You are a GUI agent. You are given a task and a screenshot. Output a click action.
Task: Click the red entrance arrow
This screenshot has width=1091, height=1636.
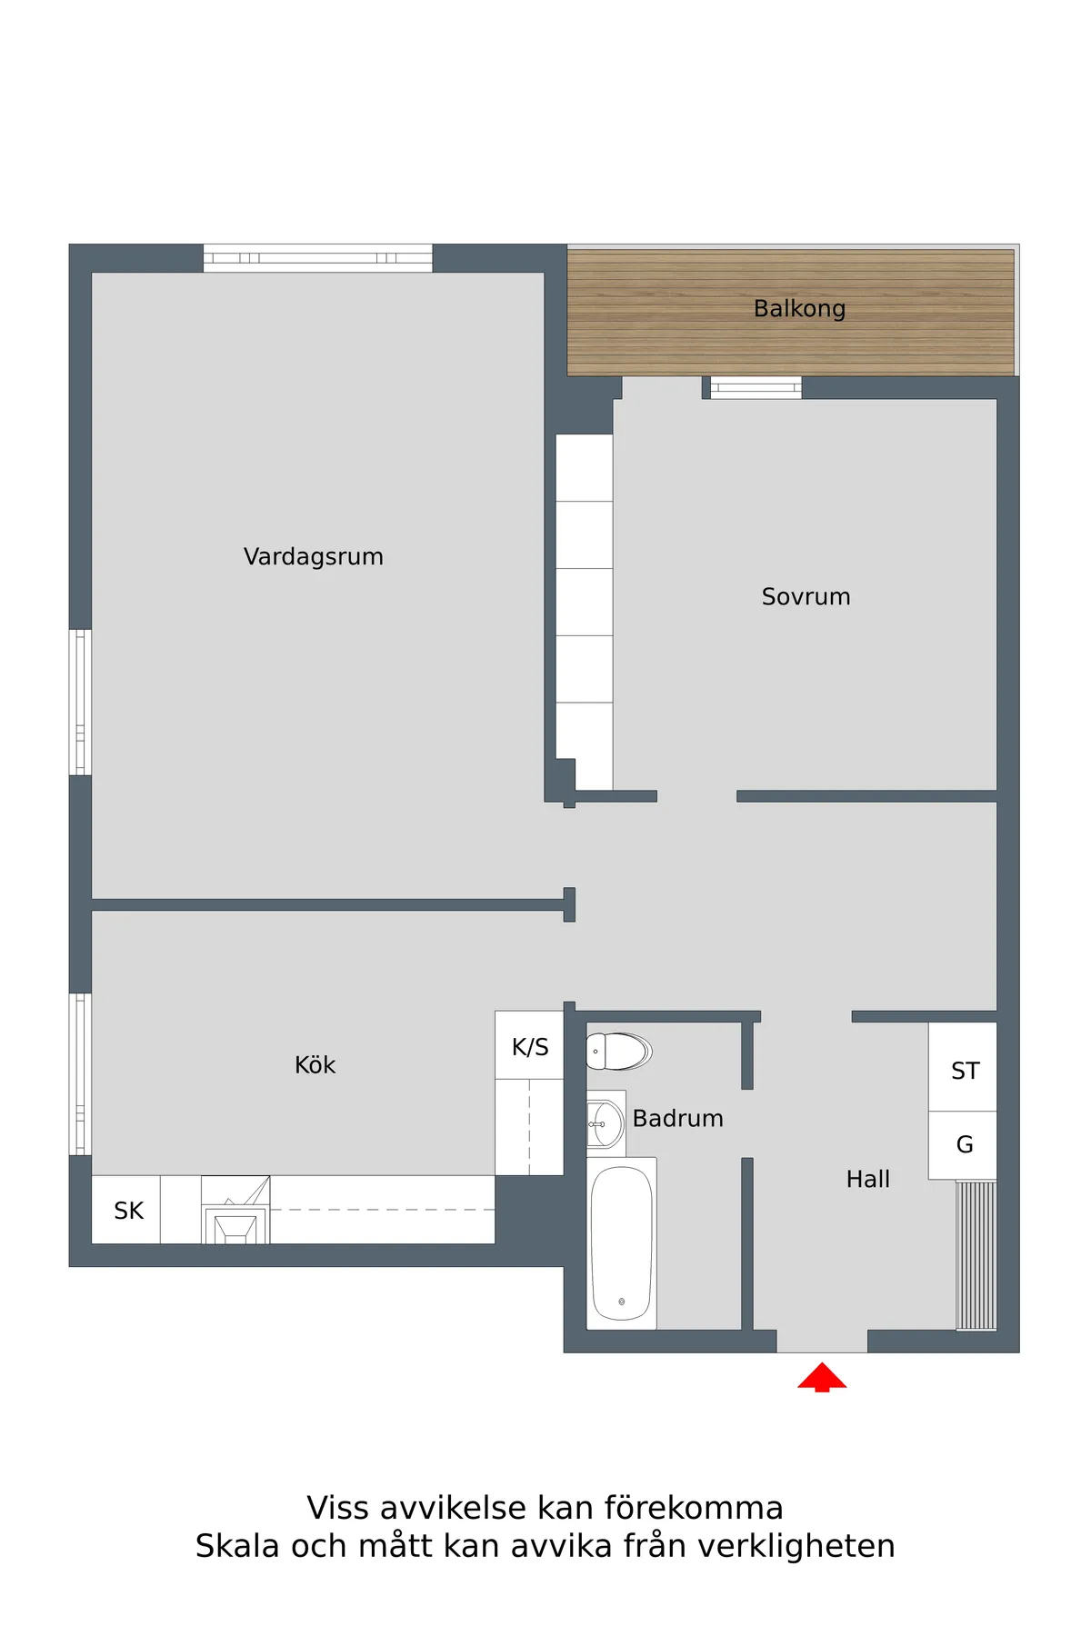822,1377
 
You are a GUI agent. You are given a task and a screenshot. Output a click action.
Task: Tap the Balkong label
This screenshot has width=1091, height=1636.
799,309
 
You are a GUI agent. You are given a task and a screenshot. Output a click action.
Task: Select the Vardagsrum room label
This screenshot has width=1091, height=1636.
314,556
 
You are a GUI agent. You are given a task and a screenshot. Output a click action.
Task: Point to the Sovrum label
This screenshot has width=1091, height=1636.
806,596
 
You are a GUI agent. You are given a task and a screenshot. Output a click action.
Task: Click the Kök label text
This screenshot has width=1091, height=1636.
315,1064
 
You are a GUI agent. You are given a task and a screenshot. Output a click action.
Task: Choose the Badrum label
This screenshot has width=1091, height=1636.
678,1118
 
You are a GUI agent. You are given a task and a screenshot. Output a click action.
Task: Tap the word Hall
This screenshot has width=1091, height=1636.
868,1179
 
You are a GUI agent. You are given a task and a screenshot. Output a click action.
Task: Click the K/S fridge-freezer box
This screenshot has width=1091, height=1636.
529,1045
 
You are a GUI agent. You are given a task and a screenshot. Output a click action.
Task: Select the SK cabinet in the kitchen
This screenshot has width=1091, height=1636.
126,1210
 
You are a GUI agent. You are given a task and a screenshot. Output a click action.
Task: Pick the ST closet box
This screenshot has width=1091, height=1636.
963,1067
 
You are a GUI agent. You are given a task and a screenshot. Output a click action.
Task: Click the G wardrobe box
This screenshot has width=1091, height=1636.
963,1145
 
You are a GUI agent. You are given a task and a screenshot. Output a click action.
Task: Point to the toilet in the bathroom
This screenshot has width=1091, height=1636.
618,1052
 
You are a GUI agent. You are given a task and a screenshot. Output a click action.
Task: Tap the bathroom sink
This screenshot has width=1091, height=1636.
606,1123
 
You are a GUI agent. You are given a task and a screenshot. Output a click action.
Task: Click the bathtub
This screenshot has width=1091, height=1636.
622,1243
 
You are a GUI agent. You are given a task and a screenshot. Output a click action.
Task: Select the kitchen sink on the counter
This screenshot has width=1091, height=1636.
235,1210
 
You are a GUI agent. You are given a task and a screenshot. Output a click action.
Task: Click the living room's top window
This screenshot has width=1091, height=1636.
317,258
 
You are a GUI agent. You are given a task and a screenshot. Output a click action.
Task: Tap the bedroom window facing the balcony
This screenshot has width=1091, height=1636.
756,388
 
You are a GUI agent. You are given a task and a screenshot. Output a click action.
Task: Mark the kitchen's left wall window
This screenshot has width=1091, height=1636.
81,1074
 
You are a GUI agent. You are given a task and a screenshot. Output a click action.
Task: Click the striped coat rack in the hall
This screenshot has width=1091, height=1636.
976,1255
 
